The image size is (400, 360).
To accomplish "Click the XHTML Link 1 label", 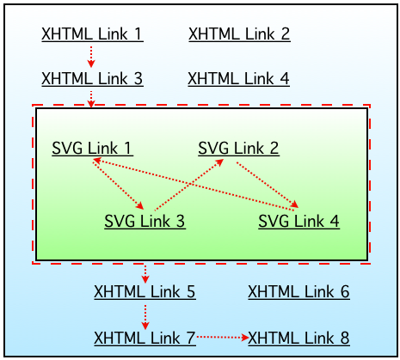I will coord(92,35).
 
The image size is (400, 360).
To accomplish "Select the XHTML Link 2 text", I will coord(239,35).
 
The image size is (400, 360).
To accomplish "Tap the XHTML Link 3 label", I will coord(92,79).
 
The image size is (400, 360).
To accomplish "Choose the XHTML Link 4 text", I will coord(239,79).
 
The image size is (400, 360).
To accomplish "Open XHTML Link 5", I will coord(145,292).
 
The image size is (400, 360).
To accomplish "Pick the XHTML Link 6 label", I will coord(298,292).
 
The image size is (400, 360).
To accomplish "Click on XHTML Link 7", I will coord(145,337).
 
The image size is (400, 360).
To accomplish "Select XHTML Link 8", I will coord(298,337).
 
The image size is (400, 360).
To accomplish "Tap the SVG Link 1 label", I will coord(92,148).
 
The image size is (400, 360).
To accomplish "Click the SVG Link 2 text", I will coord(238,148).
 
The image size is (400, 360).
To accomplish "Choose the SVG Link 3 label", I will coord(145,222).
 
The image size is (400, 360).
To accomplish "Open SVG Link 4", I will coord(298,222).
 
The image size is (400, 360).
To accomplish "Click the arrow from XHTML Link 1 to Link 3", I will coord(92,57).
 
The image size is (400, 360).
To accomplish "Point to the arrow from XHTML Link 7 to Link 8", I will coord(222,338).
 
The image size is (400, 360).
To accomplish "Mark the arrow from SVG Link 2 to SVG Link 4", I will coord(268,185).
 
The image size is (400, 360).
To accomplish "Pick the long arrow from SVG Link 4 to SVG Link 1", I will coord(196,183).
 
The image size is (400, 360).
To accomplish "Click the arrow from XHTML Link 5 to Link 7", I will coord(145,314).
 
